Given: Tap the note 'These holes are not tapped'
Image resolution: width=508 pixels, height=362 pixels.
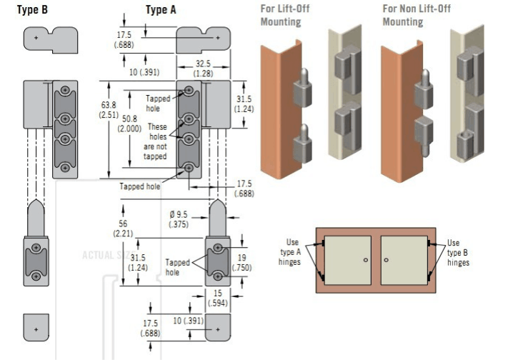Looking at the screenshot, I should tap(156, 141).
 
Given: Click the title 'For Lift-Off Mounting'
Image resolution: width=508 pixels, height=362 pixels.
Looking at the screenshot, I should tap(281, 15).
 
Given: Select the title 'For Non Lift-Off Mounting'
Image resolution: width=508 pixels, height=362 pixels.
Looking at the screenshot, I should tap(417, 15).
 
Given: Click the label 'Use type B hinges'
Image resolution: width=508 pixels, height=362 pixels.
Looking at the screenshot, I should tap(458, 252).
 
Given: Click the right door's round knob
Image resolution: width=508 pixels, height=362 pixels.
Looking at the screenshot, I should tap(384, 261).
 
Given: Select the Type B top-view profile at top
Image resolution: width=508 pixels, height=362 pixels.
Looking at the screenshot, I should tap(50, 39).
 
